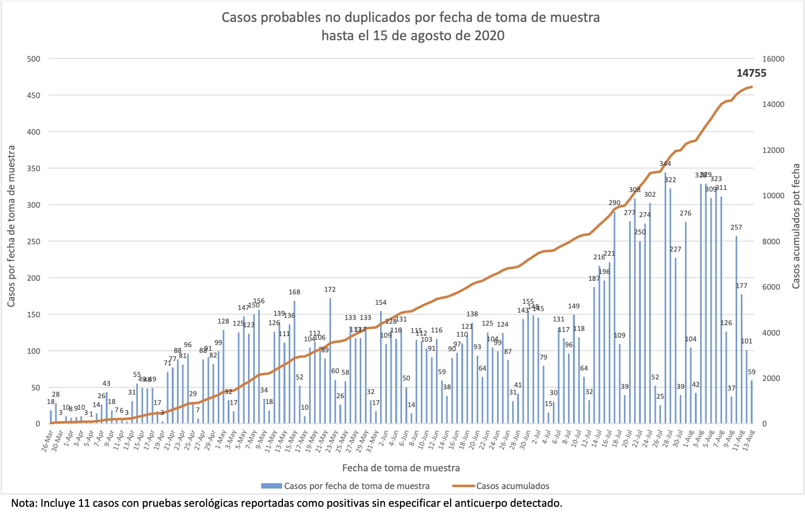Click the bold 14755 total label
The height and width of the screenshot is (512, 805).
[x=751, y=74]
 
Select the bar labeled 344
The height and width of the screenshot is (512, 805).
[x=665, y=297]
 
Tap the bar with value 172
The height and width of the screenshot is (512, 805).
[x=330, y=360]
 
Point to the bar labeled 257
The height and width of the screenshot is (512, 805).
[x=736, y=329]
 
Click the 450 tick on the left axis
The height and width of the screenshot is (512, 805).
[x=33, y=95]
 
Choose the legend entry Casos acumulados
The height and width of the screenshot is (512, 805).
[x=512, y=486]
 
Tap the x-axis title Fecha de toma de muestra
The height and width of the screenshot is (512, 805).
[x=401, y=468]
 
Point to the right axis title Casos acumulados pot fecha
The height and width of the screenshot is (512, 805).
[x=796, y=226]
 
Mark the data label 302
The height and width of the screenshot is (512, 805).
[x=649, y=195]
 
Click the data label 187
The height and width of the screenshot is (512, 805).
[x=594, y=279]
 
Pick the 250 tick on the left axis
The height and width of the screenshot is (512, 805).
[x=33, y=242]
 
